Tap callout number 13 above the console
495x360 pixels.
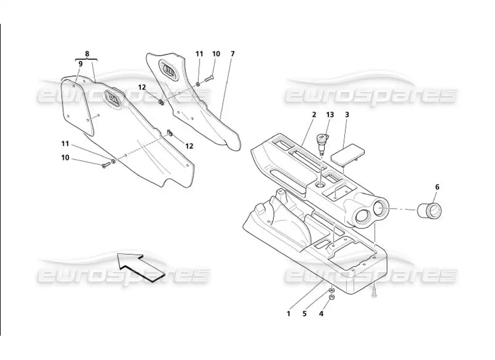[330, 115]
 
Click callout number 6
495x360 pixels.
[436, 186]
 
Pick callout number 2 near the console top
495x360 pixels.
[314, 115]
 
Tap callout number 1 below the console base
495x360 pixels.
[289, 314]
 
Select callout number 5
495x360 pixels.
[304, 314]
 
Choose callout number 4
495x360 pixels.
[321, 314]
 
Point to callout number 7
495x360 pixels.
[232, 54]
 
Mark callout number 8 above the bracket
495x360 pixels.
[87, 53]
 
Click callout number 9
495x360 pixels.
[81, 64]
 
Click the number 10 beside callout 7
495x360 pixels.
[216, 54]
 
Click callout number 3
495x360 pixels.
[347, 115]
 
